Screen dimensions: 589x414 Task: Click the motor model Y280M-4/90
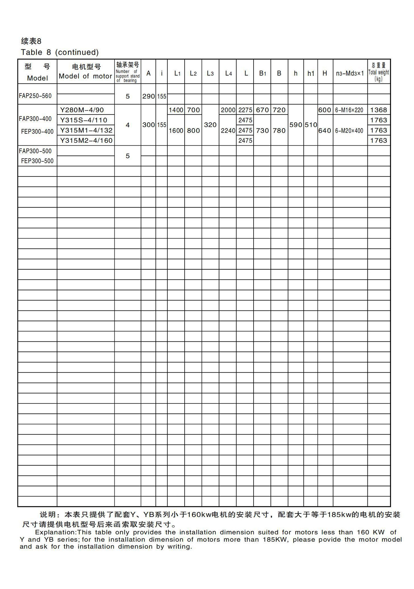coord(82,110)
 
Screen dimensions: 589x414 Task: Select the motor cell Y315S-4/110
coord(84,120)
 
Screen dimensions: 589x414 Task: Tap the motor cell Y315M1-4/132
coord(86,130)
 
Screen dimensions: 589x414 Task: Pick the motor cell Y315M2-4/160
coord(86,141)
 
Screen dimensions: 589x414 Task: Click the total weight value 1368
coord(378,110)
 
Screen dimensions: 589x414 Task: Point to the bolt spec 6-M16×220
coord(349,110)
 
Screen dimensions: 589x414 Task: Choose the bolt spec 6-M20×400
coord(349,131)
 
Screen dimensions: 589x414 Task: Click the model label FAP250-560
coord(35,96)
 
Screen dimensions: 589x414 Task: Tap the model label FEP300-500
coord(37,161)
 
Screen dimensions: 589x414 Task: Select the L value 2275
coord(245,110)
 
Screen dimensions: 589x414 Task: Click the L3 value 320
coord(210,125)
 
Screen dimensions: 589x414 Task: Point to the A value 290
coord(148,96)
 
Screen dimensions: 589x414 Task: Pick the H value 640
coord(325,131)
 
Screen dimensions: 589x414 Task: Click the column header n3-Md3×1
coord(350,73)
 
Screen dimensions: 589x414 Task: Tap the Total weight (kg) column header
coord(379,72)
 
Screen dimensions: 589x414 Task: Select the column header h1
coord(311,73)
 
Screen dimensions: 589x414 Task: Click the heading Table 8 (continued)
coord(60,52)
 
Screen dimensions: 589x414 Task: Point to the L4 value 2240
coord(228,131)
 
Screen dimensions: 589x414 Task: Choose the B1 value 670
coord(262,110)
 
